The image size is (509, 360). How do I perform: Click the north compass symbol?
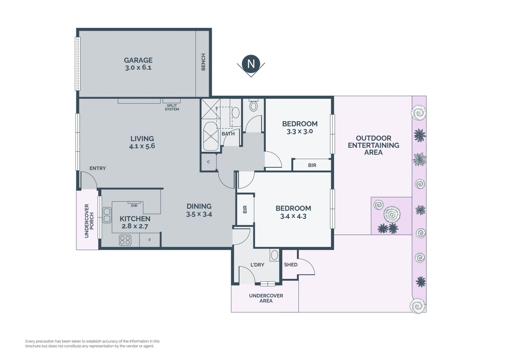click(251, 65)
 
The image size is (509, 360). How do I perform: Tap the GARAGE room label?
click(138, 60)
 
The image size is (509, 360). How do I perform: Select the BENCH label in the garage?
click(203, 62)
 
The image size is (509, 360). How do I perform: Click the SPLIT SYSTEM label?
click(172, 107)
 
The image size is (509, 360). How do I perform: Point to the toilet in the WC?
click(254, 105)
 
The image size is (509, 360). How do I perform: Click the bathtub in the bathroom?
click(211, 136)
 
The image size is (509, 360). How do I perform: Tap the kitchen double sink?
click(107, 215)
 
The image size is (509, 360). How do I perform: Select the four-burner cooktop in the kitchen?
click(125, 240)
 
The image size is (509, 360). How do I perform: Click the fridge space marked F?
click(150, 240)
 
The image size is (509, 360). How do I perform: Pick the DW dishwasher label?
click(134, 206)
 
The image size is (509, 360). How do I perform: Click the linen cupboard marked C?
click(208, 162)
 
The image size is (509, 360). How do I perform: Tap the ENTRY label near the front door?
click(98, 168)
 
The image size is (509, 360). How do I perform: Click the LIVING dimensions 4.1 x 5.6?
click(142, 146)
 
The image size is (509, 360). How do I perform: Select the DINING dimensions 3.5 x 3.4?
click(199, 214)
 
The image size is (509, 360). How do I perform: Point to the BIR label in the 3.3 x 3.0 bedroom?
click(312, 165)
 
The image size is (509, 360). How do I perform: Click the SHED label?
click(291, 264)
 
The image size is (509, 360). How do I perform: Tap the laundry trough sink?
click(275, 255)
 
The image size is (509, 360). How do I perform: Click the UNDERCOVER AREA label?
click(266, 298)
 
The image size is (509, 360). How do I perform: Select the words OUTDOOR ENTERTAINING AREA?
click(374, 145)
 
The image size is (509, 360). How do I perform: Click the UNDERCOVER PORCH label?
click(89, 221)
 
